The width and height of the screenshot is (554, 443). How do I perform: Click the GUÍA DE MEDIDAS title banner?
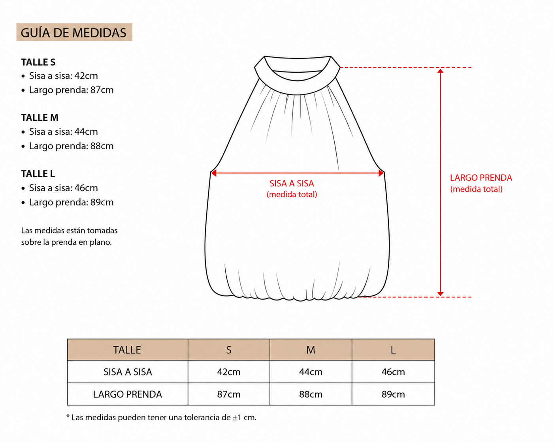[74, 32]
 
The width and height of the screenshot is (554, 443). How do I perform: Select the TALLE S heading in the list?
[38, 62]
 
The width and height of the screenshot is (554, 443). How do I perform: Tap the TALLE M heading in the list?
[40, 118]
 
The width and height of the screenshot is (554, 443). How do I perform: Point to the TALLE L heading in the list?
[38, 174]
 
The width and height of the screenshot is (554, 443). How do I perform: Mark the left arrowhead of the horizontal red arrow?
[214, 173]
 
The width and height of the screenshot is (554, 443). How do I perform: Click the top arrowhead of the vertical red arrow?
[440, 71]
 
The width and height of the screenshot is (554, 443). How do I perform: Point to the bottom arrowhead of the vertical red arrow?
[440, 294]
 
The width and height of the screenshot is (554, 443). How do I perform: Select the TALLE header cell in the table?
[127, 349]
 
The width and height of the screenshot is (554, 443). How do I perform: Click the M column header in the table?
[311, 349]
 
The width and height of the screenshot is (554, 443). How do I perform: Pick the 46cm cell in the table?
[393, 372]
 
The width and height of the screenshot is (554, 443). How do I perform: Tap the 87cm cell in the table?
[229, 394]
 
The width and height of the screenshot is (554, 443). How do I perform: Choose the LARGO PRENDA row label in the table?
[127, 394]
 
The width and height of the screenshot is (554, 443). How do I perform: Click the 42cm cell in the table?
[229, 372]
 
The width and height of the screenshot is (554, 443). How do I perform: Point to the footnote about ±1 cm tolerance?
[161, 417]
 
